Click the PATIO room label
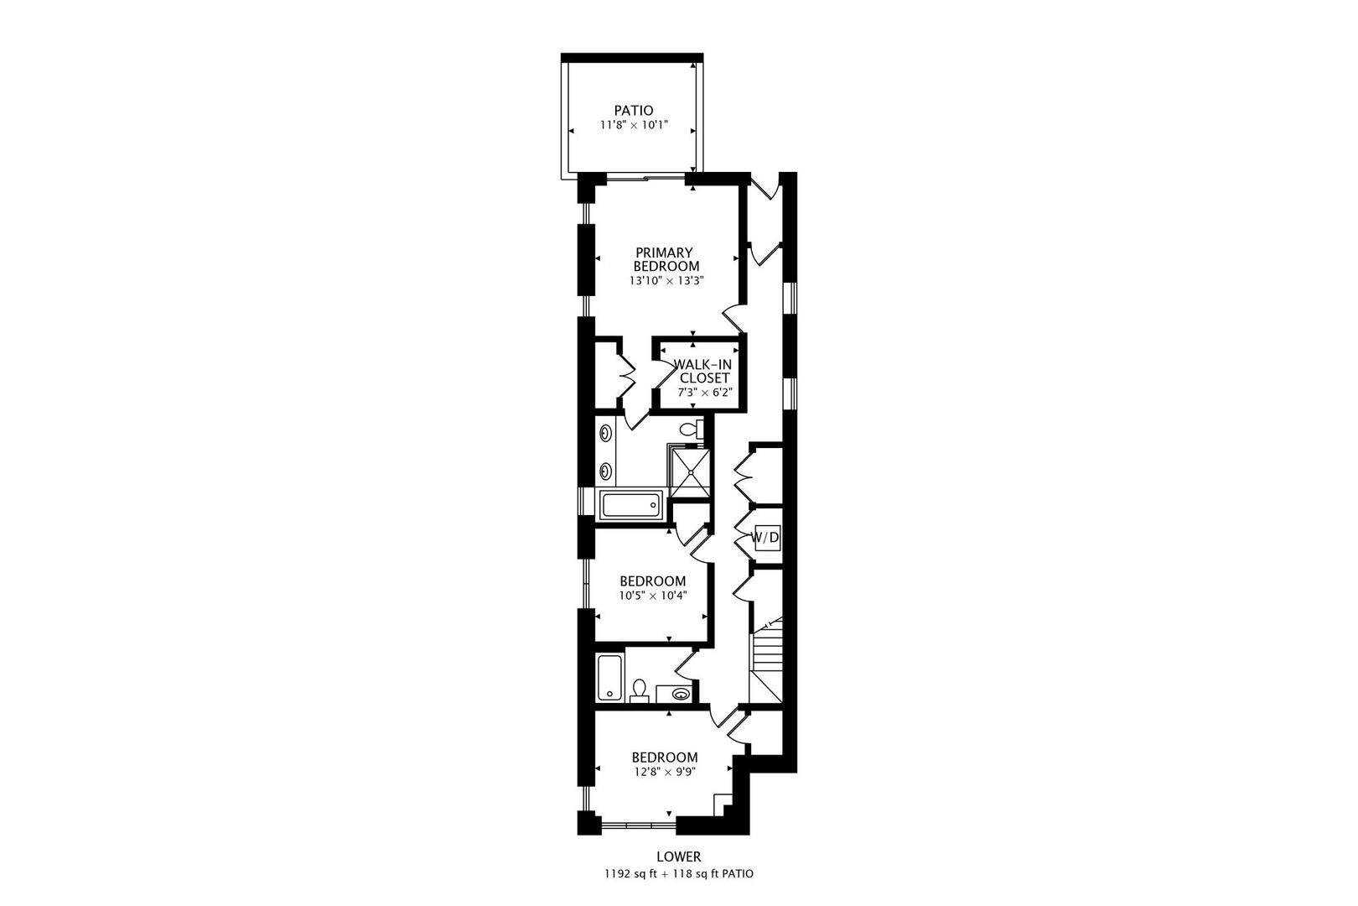[633, 110]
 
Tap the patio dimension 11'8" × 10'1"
[633, 125]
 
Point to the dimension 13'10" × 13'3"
[666, 282]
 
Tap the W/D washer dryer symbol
[765, 537]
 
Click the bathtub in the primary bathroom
[631, 506]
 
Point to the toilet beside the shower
[690, 430]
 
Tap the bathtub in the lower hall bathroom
[609, 678]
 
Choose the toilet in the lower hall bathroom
[640, 690]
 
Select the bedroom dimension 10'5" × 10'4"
[652, 596]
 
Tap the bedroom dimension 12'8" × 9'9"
[664, 771]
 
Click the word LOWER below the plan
[678, 857]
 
